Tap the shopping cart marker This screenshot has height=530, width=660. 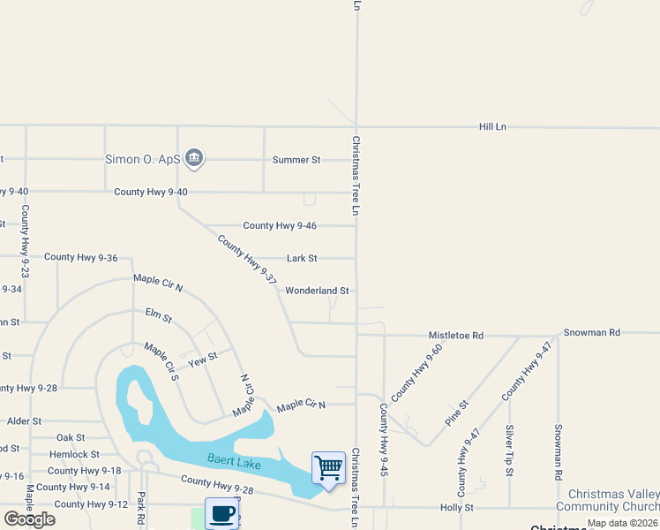[x=328, y=467]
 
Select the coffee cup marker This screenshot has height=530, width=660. [x=222, y=513]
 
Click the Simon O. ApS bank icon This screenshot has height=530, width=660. [x=195, y=159]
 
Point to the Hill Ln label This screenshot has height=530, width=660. [x=492, y=127]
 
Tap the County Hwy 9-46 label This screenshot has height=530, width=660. [x=280, y=226]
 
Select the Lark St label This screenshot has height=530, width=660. [x=302, y=259]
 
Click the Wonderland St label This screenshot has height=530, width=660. [x=317, y=291]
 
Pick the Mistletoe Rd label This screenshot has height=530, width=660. [x=456, y=336]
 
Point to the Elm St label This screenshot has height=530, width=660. [x=159, y=315]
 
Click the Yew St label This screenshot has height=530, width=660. [x=202, y=360]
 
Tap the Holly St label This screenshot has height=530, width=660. [x=457, y=508]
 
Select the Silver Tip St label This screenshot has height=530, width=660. [x=510, y=451]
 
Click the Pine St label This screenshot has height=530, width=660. [x=456, y=413]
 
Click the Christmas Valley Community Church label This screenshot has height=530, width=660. [x=613, y=500]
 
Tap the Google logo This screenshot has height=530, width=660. [x=29, y=519]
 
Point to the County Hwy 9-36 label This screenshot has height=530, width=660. [x=81, y=258]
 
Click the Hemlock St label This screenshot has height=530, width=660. [x=74, y=454]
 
